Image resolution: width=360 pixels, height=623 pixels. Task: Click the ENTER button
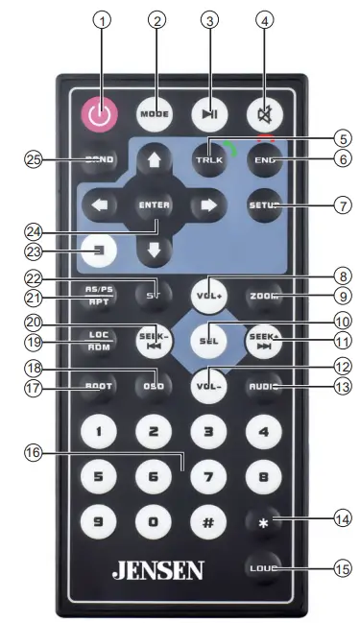(x=153, y=204)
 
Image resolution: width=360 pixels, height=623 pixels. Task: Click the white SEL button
(x=206, y=340)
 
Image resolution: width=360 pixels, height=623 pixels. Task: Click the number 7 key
(x=207, y=475)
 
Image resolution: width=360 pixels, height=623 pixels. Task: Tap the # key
(x=207, y=524)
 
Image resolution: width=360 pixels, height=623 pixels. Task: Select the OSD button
(x=153, y=388)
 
